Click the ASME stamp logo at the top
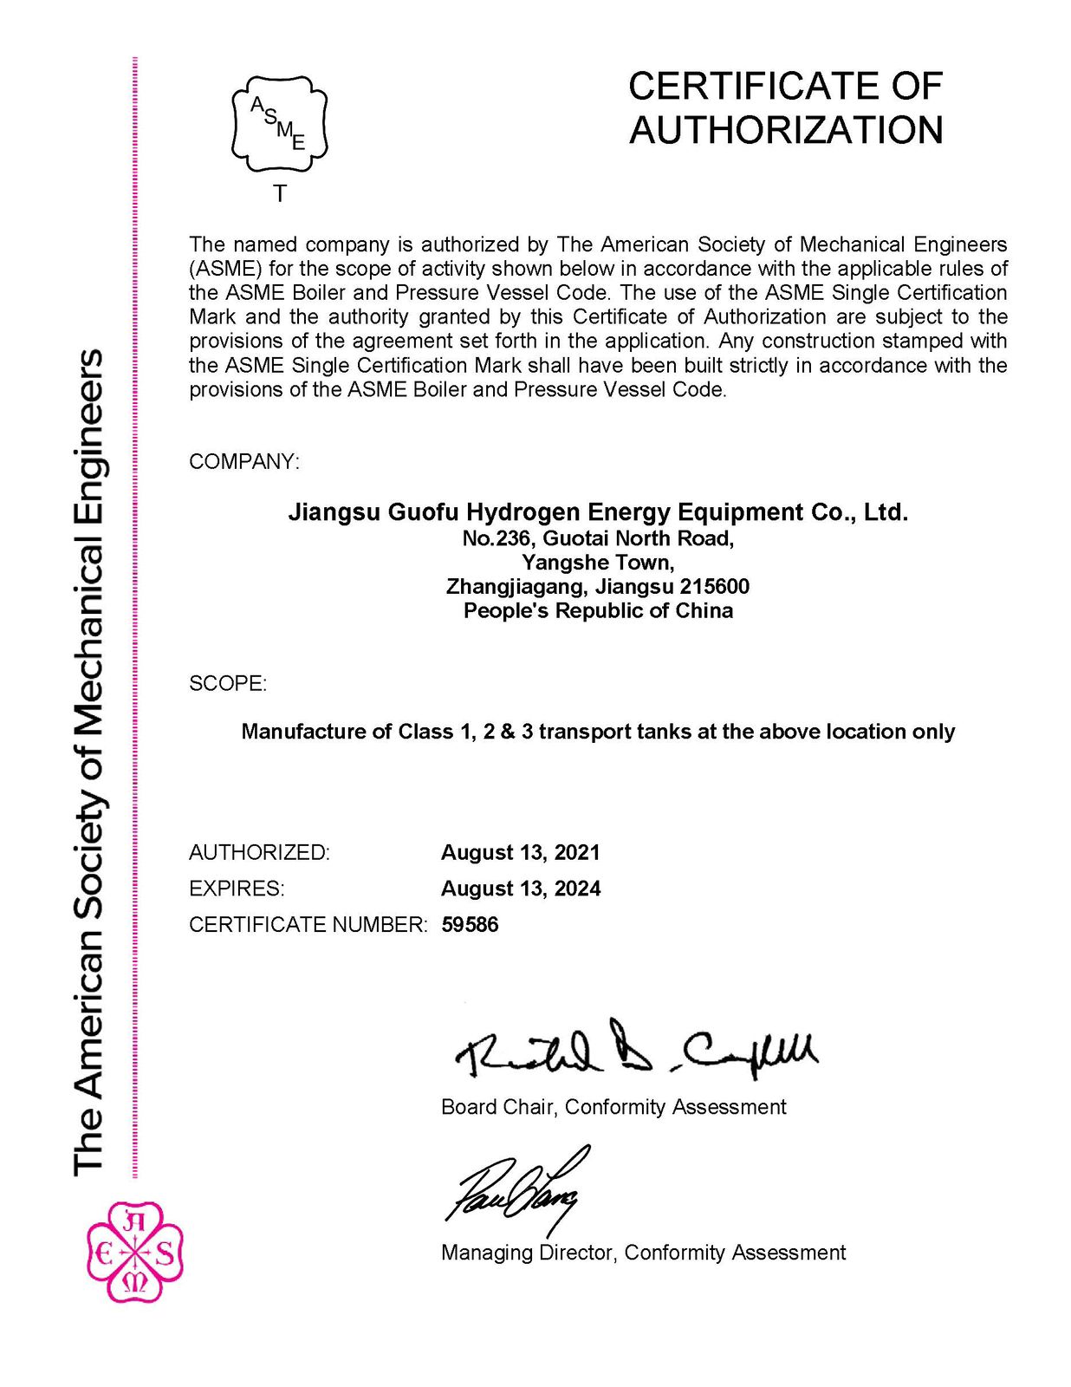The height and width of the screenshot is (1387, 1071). click(279, 123)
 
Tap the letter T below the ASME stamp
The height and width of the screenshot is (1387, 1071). click(280, 194)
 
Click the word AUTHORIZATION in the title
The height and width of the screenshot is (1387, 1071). click(786, 131)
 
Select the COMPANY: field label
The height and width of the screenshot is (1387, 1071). click(243, 462)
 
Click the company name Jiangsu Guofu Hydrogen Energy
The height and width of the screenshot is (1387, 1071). click(598, 512)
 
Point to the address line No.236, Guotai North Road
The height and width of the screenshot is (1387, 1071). click(598, 539)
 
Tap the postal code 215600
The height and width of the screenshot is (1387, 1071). click(715, 587)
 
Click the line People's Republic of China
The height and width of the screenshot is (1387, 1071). click(598, 611)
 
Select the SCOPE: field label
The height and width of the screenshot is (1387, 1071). click(228, 684)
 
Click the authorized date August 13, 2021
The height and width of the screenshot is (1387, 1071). click(521, 853)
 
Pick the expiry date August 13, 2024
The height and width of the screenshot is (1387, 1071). click(521, 889)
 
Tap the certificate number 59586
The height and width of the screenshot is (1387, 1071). click(470, 925)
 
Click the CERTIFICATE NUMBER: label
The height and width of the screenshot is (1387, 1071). click(308, 925)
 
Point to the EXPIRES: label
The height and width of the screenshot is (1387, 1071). click(237, 889)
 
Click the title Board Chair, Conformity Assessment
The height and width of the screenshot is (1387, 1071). click(613, 1107)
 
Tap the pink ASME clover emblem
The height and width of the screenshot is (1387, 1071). click(134, 1253)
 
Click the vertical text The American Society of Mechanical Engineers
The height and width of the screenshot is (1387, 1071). click(89, 763)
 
